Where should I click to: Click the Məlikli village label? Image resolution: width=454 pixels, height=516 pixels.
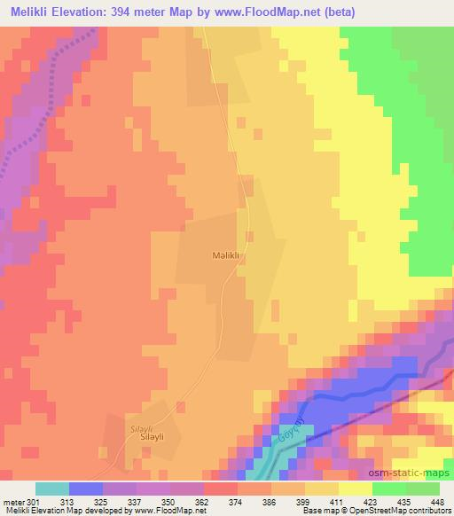(227, 254)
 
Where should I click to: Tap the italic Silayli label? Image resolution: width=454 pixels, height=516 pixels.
(142, 425)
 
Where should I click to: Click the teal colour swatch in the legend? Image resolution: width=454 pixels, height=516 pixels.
(51, 489)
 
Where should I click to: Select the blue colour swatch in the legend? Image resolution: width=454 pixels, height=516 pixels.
(85, 489)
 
